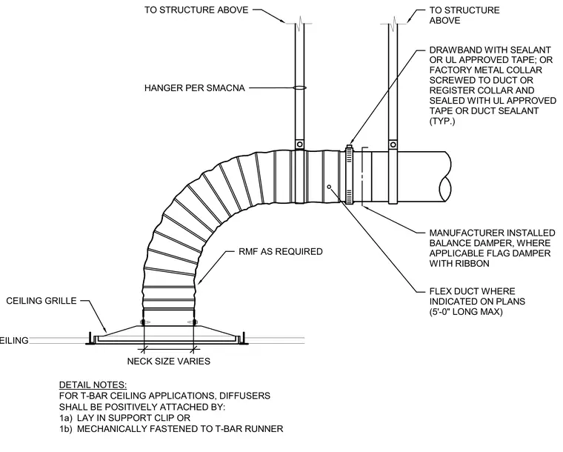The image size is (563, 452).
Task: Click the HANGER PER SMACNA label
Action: [195, 88]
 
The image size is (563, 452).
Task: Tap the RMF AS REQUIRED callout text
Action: [281, 252]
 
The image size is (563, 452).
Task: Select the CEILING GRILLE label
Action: [41, 301]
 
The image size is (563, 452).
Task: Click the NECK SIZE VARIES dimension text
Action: [169, 361]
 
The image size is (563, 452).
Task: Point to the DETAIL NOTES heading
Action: [93, 385]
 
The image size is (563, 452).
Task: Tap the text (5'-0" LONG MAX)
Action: [466, 311]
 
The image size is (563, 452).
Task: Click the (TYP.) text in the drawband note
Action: [442, 121]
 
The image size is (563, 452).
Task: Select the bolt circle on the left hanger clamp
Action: [300, 144]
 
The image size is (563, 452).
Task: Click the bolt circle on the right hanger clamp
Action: [393, 144]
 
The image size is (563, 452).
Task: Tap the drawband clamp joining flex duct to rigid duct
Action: [349, 174]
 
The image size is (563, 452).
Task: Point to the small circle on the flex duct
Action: [329, 187]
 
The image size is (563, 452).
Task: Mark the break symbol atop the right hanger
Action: [394, 22]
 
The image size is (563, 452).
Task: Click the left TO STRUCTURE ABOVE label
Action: [196, 10]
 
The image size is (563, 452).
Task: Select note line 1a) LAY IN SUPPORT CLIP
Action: [124, 418]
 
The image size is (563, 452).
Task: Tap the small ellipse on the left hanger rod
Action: [300, 87]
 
